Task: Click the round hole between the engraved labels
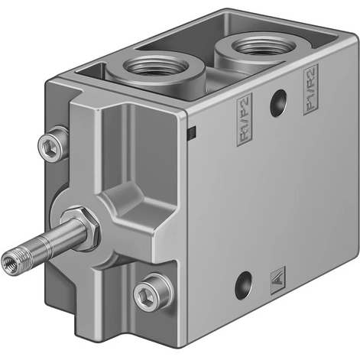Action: [277, 99]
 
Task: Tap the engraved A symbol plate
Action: [277, 279]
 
